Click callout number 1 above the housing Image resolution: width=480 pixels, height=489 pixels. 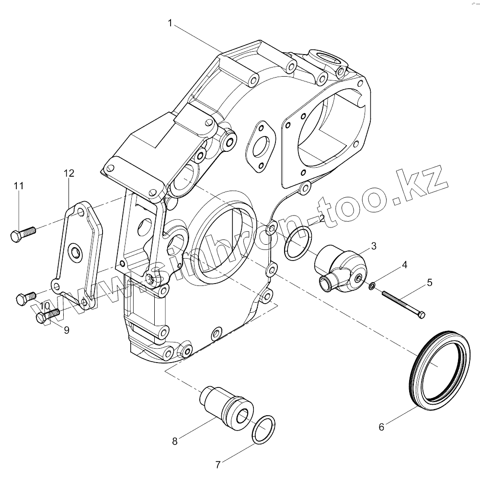tap(171, 23)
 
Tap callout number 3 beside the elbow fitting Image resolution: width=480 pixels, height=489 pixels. tap(374, 246)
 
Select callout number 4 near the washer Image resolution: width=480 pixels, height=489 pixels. tap(404, 264)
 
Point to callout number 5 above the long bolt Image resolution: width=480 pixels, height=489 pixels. tap(429, 283)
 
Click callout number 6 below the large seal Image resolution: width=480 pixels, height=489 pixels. tap(381, 427)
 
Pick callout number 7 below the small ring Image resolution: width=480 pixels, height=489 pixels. tap(218, 464)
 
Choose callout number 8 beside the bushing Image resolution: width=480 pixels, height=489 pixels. tap(175, 441)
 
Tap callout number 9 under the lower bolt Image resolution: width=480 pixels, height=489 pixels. tap(66, 330)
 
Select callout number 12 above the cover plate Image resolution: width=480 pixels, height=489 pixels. tap(69, 173)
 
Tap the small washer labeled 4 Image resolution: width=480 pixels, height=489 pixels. tap(372, 286)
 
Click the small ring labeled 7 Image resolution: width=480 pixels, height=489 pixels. tap(263, 429)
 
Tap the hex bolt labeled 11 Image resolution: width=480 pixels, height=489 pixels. tap(23, 234)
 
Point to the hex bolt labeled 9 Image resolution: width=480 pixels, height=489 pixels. tap(47, 316)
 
